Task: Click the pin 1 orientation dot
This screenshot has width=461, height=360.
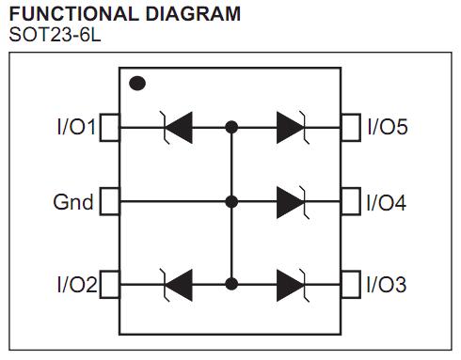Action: click(137, 83)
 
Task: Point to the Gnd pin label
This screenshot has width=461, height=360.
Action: click(72, 202)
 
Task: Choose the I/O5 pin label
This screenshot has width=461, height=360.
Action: click(387, 126)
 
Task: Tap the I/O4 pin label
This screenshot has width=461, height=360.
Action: click(387, 202)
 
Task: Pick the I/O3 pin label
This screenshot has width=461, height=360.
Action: click(387, 283)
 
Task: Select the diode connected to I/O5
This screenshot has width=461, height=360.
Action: click(291, 126)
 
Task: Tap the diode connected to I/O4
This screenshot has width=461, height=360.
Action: click(291, 201)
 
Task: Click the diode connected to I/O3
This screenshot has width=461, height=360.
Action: click(291, 282)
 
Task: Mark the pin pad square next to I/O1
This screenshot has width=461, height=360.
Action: click(109, 126)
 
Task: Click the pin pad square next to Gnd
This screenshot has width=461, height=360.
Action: click(109, 201)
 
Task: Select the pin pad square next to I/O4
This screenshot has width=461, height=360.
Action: click(351, 201)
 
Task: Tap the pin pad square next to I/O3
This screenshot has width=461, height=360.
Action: click(351, 282)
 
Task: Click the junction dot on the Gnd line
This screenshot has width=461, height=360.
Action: click(232, 201)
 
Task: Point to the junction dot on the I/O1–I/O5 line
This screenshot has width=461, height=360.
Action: click(232, 126)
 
